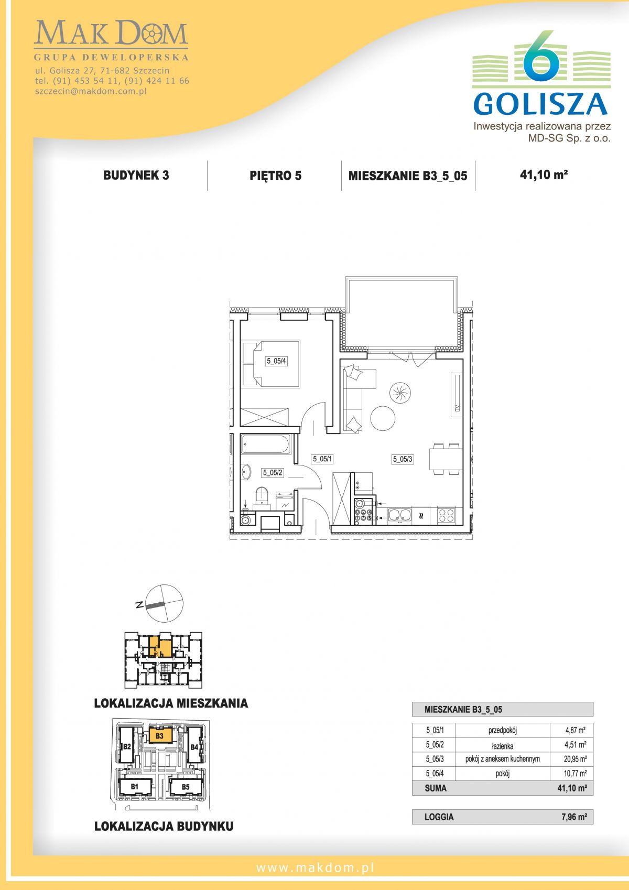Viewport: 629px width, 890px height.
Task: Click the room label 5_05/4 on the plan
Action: (277, 361)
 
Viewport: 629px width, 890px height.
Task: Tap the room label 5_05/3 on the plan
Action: (403, 459)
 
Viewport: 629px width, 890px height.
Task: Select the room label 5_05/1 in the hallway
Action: (322, 459)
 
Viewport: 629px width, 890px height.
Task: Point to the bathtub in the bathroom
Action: (266, 444)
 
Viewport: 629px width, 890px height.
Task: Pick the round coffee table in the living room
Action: (383, 418)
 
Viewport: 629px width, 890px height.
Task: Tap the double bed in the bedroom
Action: (271, 363)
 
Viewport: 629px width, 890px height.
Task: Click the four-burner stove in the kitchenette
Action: (446, 515)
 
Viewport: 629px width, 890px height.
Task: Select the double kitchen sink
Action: (399, 515)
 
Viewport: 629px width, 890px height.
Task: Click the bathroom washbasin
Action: (246, 473)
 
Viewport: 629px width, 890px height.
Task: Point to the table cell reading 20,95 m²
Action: (575, 759)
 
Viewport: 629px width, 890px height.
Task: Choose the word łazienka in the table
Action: (502, 745)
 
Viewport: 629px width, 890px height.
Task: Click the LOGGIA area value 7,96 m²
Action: (574, 813)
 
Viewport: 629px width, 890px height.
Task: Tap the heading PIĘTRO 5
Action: (275, 176)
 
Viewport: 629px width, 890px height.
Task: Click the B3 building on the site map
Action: (160, 736)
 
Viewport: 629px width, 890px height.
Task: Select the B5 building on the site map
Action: (186, 787)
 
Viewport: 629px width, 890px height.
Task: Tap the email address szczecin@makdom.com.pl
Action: (91, 91)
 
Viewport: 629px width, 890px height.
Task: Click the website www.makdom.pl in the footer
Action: (315, 868)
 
